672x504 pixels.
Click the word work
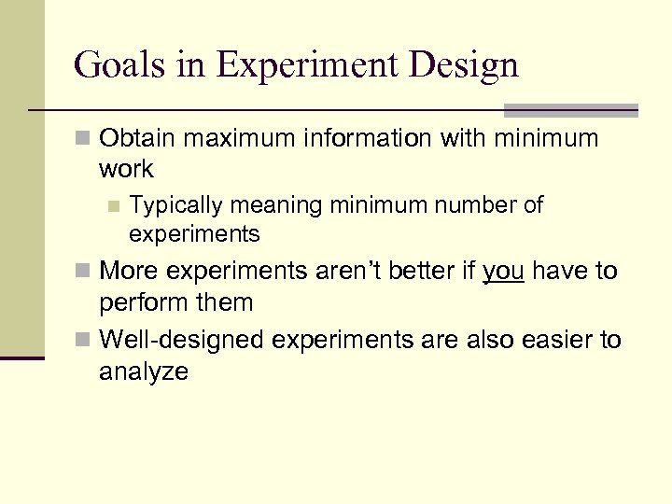(126, 170)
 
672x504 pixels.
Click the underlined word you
(505, 272)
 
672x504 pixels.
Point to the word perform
(141, 302)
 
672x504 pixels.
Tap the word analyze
(144, 371)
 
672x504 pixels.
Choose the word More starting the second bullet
(130, 272)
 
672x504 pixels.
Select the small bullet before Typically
(114, 205)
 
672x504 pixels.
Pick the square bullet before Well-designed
(83, 341)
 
